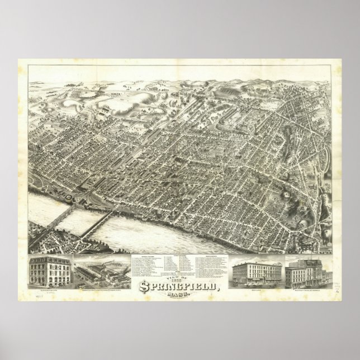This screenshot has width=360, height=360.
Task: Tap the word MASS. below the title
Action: coord(178,297)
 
